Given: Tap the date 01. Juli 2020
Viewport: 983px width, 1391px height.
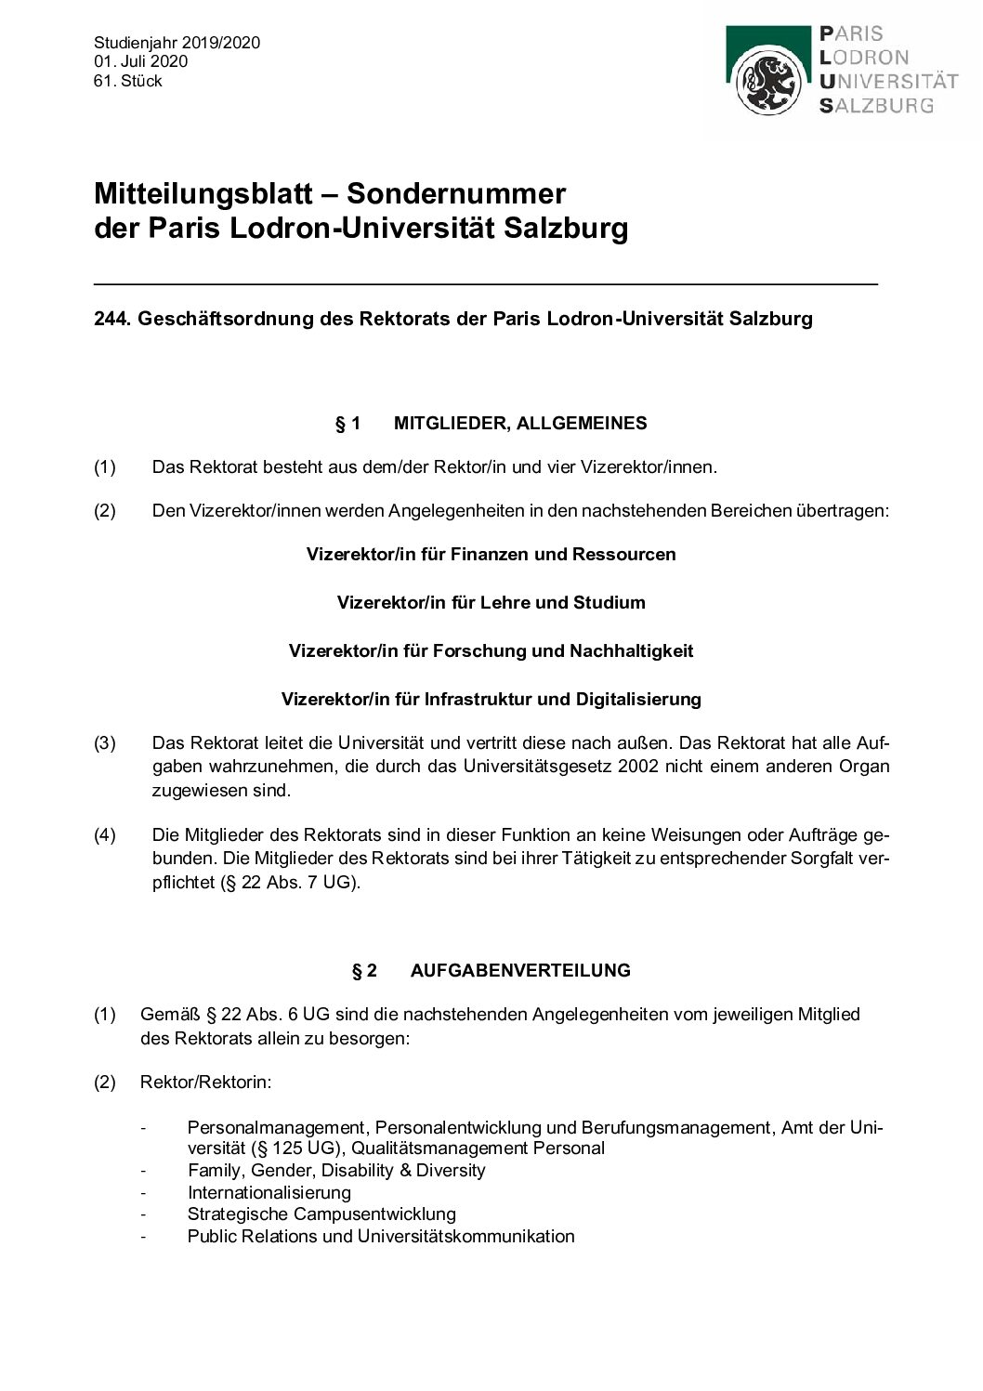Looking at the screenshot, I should (x=140, y=61).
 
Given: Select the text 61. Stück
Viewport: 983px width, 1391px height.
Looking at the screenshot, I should (x=128, y=81).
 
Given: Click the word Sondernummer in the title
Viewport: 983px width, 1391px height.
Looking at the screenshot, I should (x=455, y=193).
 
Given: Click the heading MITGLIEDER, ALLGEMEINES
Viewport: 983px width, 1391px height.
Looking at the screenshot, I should (x=520, y=424).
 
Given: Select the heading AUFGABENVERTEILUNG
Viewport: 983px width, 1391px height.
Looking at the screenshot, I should (x=520, y=970).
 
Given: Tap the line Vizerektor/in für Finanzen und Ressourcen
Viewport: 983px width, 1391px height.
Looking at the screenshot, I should (x=491, y=554).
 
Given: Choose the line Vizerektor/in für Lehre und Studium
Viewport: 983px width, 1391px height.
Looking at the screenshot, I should (x=491, y=602).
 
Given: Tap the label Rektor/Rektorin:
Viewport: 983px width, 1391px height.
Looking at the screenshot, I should (x=205, y=1083).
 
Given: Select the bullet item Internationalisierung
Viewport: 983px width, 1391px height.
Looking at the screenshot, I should (x=269, y=1192).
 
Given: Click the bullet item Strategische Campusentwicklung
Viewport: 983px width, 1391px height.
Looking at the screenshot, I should (x=321, y=1214).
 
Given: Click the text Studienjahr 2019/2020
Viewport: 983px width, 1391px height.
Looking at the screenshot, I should (x=177, y=43).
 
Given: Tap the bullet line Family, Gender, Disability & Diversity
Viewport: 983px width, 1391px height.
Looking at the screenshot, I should (x=336, y=1170).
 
